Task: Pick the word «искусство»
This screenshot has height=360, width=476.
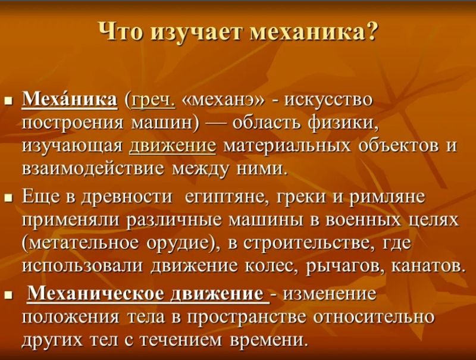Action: tap(328, 101)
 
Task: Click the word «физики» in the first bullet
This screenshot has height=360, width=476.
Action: tap(343, 124)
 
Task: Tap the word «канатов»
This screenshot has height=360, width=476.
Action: tap(427, 265)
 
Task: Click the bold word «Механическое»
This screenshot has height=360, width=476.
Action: tap(97, 293)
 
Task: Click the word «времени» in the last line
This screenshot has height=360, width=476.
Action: tap(267, 340)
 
